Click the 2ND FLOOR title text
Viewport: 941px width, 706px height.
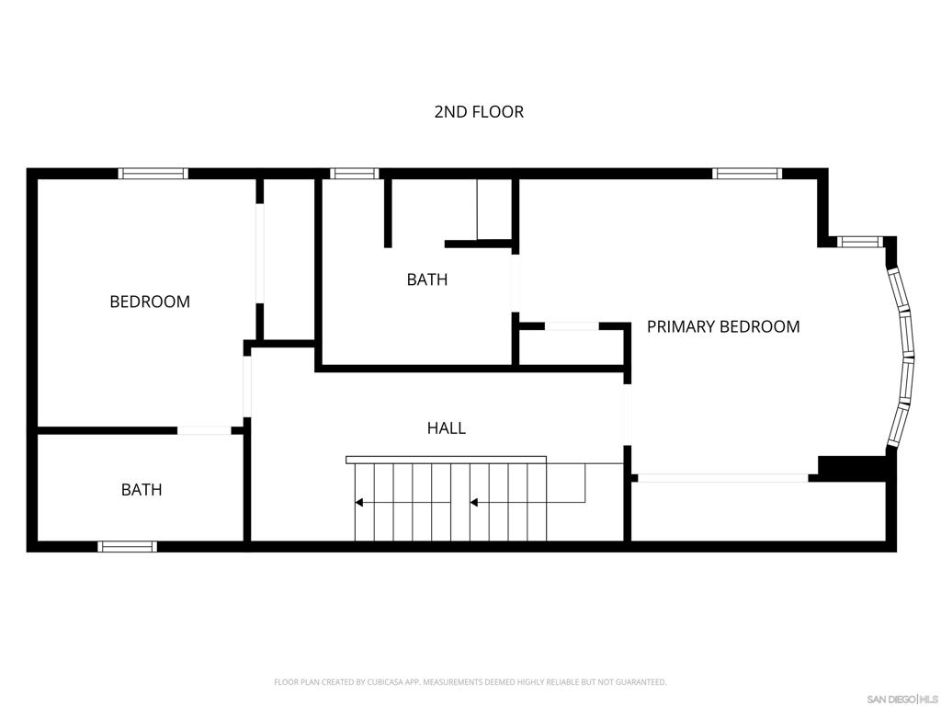479,112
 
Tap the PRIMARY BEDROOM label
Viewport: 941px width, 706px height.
723,326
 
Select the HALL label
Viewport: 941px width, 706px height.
446,427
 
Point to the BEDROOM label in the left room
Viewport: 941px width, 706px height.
150,302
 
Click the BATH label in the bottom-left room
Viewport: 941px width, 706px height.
142,490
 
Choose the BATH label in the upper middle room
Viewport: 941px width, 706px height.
427,279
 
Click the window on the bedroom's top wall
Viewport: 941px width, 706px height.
153,173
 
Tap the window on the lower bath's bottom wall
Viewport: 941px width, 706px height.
128,546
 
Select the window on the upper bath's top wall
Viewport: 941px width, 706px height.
355,173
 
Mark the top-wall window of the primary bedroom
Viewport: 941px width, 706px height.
747,173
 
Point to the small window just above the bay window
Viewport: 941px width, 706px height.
860,242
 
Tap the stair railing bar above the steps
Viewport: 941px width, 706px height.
446,460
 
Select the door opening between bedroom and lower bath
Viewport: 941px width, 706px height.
204,430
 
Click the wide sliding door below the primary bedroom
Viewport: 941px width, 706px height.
723,478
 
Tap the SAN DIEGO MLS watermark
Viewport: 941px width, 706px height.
901,699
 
